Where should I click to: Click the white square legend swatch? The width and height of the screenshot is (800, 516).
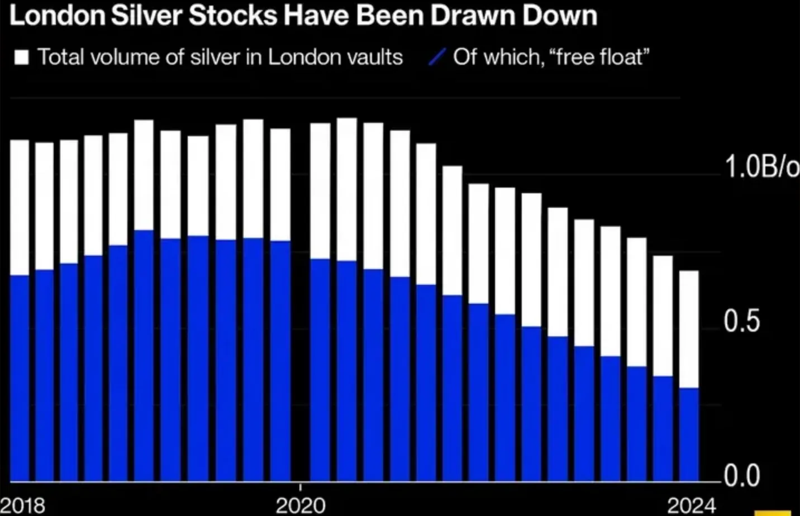click(21, 57)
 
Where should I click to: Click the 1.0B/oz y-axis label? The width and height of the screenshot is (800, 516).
click(761, 166)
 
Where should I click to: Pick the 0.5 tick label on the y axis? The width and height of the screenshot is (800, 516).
click(741, 322)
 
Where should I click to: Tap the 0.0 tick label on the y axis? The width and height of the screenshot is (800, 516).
click(742, 475)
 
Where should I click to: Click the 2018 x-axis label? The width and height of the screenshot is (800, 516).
click(23, 505)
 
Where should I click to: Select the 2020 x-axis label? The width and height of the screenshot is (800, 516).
click(301, 505)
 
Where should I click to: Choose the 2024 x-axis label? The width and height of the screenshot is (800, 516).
click(692, 505)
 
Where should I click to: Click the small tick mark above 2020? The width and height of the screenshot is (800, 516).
click(301, 486)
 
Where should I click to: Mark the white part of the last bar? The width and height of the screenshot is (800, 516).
click(689, 329)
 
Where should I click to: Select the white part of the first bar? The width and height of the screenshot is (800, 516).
click(20, 207)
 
